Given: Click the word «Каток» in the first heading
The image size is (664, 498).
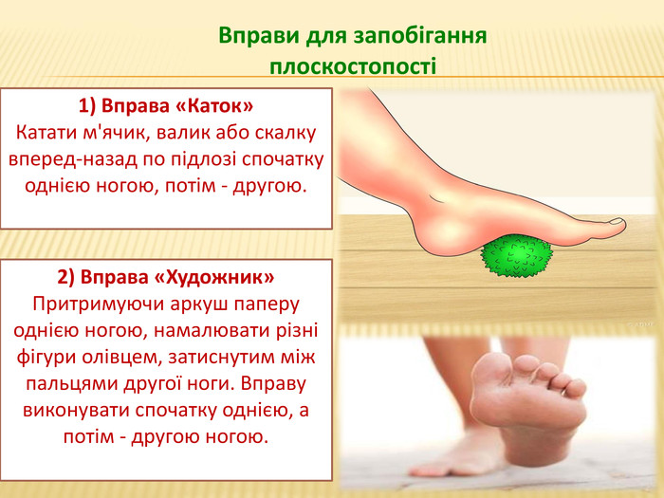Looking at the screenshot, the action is (213, 105).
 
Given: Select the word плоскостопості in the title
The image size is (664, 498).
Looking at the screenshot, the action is (353, 67).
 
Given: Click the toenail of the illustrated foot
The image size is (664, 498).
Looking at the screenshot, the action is (617, 221).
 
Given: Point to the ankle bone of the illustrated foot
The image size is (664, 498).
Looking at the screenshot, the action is (436, 197).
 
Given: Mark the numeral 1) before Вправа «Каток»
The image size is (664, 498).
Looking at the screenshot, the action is (87, 106).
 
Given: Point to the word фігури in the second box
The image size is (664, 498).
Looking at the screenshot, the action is (46, 358).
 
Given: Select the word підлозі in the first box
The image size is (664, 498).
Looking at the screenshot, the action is (204, 160).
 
